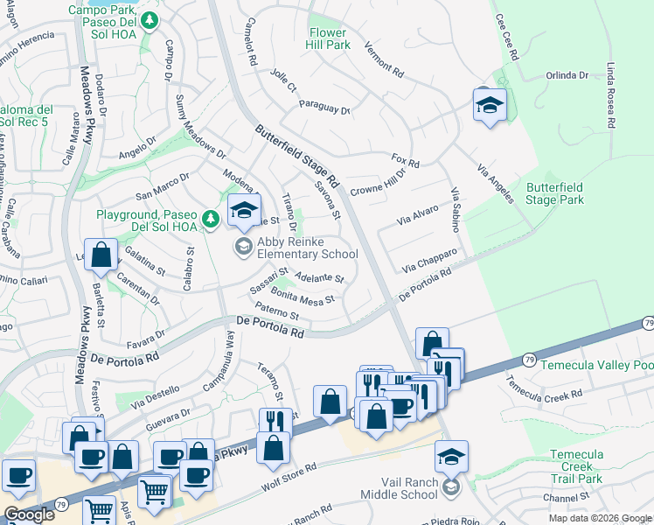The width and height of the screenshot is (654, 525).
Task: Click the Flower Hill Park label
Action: click(329, 38)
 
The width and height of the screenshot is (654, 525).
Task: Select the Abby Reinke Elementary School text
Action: click(306, 248)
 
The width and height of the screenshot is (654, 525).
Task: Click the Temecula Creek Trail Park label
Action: click(576, 466)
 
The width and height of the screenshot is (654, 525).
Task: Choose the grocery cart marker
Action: click(154, 493)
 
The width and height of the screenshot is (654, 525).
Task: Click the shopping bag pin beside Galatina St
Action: click(101, 256)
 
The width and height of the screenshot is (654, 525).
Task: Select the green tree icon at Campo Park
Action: click(150, 19)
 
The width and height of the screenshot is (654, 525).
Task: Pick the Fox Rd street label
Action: click(406, 161)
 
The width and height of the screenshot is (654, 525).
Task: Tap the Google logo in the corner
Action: click(29, 514)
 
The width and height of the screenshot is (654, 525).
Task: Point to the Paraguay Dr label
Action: click(324, 110)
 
